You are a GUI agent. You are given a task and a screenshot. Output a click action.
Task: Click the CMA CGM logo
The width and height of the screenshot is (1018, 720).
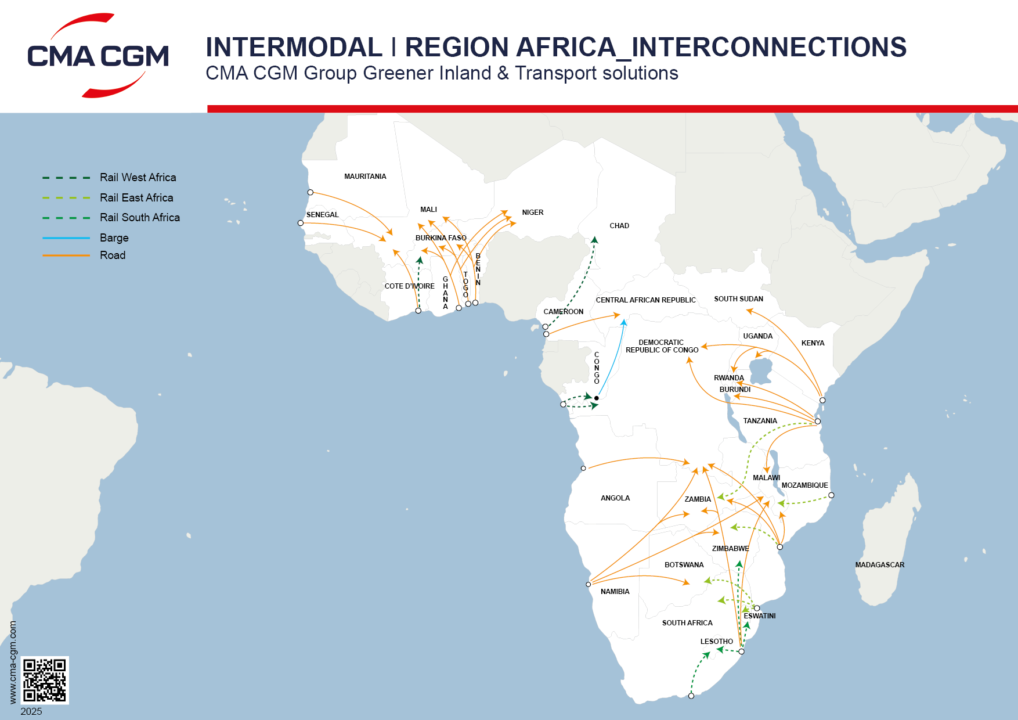pyautogui.click(x=98, y=56)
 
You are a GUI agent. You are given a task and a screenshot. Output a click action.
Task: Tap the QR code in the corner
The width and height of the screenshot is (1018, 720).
pyautogui.click(x=45, y=680)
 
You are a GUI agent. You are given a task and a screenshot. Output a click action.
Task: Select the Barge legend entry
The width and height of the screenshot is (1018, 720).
pyautogui.click(x=114, y=237)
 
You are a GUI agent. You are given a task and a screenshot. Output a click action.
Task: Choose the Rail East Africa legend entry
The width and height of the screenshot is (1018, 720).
pyautogui.click(x=136, y=197)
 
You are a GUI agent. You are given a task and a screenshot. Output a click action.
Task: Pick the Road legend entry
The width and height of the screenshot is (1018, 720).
pyautogui.click(x=112, y=255)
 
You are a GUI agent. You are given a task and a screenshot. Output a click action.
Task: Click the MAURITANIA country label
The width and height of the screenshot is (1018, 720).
pyautogui.click(x=365, y=177)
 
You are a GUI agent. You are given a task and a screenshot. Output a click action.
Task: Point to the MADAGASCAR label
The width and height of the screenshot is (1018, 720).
pyautogui.click(x=879, y=565)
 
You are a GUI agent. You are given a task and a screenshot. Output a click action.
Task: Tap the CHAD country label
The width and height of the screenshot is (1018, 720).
pyautogui.click(x=619, y=226)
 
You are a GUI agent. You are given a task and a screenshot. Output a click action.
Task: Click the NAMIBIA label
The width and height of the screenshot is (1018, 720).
pyautogui.click(x=615, y=592)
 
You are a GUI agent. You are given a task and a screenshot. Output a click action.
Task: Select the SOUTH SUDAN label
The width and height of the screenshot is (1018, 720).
pyautogui.click(x=738, y=299)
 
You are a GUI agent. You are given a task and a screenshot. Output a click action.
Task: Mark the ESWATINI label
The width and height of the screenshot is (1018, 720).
pyautogui.click(x=760, y=616)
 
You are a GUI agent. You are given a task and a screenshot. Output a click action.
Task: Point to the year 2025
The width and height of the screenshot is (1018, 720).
pyautogui.click(x=31, y=711)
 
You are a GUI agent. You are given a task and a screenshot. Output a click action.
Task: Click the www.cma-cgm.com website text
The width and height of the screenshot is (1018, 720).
pyautogui.click(x=13, y=662)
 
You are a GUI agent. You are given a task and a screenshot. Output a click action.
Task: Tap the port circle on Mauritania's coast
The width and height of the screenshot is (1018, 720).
pyautogui.click(x=311, y=192)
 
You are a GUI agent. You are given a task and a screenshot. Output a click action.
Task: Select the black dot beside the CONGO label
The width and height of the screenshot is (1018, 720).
pyautogui.click(x=597, y=398)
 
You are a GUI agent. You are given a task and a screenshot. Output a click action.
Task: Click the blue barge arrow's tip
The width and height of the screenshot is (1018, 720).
pyautogui.click(x=624, y=320)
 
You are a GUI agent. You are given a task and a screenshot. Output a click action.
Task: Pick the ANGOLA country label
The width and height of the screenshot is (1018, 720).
pyautogui.click(x=615, y=498)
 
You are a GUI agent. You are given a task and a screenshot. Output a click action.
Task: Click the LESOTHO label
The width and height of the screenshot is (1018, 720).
pyautogui.click(x=716, y=642)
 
